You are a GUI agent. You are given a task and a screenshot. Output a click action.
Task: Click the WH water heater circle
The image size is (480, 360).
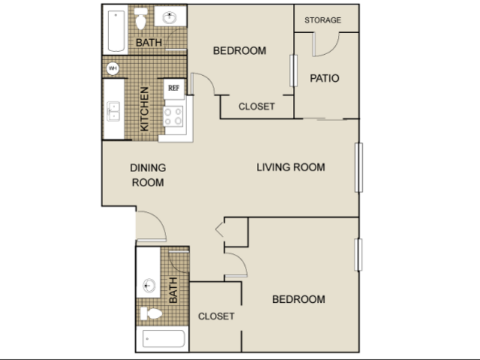(113, 68)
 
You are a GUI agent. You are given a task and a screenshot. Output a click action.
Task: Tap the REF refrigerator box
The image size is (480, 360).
(174, 89)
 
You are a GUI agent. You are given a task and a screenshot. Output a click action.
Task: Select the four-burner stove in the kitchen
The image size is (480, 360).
(174, 116)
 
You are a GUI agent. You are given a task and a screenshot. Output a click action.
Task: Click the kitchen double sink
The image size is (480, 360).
(113, 111)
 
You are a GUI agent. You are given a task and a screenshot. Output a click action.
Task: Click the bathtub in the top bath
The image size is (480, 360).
(116, 32)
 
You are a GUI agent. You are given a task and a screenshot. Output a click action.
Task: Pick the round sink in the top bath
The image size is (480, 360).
(169, 17)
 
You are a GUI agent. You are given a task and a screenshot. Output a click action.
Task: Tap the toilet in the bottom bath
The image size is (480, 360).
(151, 313)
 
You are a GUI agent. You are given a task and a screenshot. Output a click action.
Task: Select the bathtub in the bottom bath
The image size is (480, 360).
(164, 338)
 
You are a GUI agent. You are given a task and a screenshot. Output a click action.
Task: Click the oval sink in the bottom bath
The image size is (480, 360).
(149, 286)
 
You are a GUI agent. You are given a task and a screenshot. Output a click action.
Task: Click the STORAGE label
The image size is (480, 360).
(323, 20)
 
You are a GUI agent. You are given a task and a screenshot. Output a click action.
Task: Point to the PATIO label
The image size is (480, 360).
(325, 78)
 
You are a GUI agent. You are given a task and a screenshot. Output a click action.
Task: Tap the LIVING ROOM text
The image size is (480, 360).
(291, 168)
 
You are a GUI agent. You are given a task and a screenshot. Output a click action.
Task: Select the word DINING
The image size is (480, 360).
(148, 168)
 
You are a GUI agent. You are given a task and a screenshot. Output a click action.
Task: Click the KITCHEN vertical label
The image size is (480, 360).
(144, 109)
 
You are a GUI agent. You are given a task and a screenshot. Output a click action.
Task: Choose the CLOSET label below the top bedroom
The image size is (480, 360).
(257, 107)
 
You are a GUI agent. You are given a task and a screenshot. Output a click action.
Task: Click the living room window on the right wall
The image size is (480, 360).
(359, 168)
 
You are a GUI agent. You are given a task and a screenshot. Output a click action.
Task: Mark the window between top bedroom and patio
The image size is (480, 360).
(294, 71)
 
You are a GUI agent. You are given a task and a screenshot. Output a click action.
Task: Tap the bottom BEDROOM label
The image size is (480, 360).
(299, 299)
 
